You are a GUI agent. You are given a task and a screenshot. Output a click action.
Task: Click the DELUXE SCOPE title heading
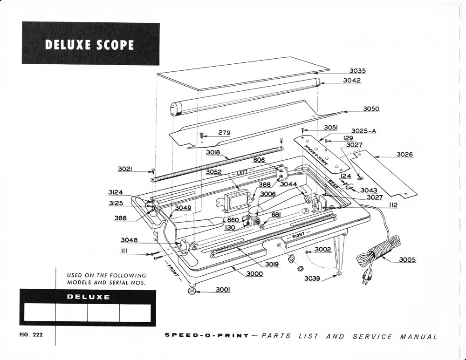pos(90,44)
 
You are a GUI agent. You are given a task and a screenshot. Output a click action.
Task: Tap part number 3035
pos(357,71)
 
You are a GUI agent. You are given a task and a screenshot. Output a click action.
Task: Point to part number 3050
pos(371,109)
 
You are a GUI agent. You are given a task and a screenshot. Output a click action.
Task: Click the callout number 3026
pos(404,155)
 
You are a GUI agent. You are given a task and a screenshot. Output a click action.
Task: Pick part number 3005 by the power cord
pos(408,260)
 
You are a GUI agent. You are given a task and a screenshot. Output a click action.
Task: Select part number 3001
pos(223,290)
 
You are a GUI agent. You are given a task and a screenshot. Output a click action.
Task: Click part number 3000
pos(254,274)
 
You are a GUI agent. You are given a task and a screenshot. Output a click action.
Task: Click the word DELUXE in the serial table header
pos(89,297)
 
